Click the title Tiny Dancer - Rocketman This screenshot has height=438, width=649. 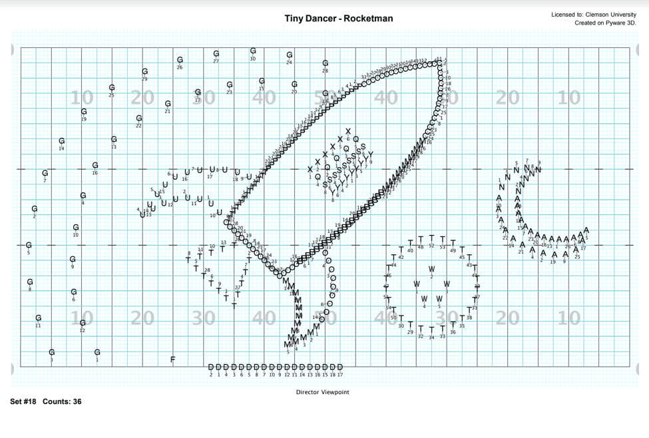click(339, 18)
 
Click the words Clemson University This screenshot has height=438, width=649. click(608, 15)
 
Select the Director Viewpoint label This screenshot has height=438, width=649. click(322, 392)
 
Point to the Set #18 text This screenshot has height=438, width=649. click(24, 402)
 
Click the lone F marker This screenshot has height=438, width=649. click(173, 359)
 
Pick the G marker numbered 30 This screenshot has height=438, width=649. click(253, 51)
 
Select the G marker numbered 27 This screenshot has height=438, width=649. click(216, 54)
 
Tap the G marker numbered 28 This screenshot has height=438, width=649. click(325, 63)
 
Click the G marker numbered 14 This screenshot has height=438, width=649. click(62, 141)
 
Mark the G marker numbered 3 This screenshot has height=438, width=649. click(52, 352)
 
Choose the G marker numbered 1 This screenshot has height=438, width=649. click(97, 352)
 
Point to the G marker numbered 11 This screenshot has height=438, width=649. click(39, 318)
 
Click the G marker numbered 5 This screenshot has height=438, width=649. click(29, 245)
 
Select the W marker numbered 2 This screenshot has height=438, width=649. click(432, 270)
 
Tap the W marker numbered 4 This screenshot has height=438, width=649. click(424, 299)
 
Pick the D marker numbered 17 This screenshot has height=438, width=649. click(340, 367)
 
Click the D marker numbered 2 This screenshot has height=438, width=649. click(211, 367)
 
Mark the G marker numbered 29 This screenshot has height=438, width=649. click(145, 72)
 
